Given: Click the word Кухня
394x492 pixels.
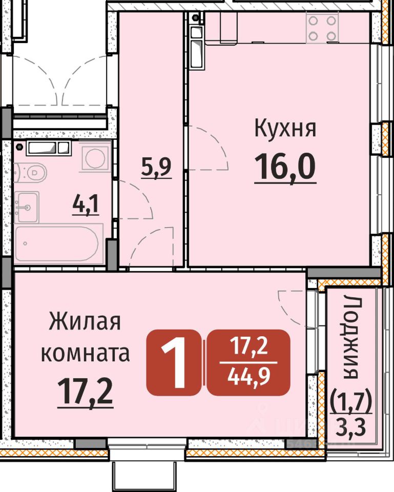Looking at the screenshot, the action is click(285, 128).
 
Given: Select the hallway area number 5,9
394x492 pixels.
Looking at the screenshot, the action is click(156, 167).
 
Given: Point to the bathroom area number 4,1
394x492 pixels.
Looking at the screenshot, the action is click(86, 204).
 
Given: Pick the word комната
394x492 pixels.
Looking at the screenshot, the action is click(86, 353).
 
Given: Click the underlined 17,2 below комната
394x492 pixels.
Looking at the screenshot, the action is click(86, 391).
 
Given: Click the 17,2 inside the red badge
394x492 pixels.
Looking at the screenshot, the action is click(249, 346).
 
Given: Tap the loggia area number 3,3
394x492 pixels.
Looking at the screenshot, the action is click(350, 426).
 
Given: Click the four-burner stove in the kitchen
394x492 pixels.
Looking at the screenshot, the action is click(322, 29).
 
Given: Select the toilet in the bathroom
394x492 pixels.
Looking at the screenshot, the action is click(30, 172).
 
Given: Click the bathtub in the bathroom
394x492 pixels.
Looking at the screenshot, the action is click(59, 242).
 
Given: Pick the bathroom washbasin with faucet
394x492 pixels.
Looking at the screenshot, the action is click(26, 207).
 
